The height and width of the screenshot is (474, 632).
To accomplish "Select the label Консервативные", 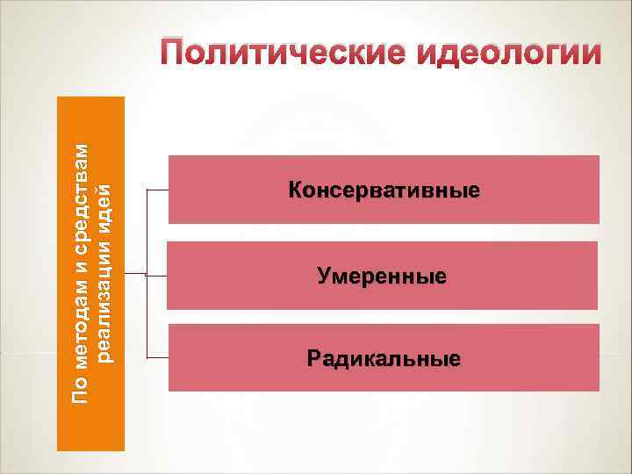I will pyautogui.click(x=383, y=190).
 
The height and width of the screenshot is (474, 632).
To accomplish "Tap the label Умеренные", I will pyautogui.click(x=382, y=277).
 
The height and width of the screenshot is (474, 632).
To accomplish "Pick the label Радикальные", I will pyautogui.click(x=384, y=359).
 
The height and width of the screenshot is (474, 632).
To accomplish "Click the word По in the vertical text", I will pyautogui.click(x=80, y=391).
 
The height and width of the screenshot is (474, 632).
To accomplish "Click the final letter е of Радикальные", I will pyautogui.click(x=455, y=359).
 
